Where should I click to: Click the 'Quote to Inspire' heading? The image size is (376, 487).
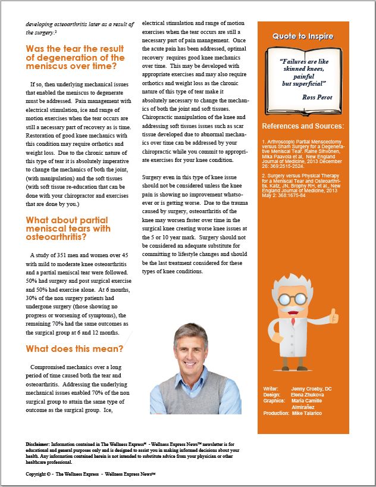click(303, 36)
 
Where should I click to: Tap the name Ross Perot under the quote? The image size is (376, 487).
click(316, 97)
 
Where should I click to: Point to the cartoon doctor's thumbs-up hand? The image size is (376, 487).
click(334, 317)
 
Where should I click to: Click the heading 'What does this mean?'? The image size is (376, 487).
click(74, 349)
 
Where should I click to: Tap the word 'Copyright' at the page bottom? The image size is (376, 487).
click(37, 474)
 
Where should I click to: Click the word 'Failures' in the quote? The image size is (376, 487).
click(294, 61)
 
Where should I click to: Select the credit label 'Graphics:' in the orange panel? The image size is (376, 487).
click(273, 401)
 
